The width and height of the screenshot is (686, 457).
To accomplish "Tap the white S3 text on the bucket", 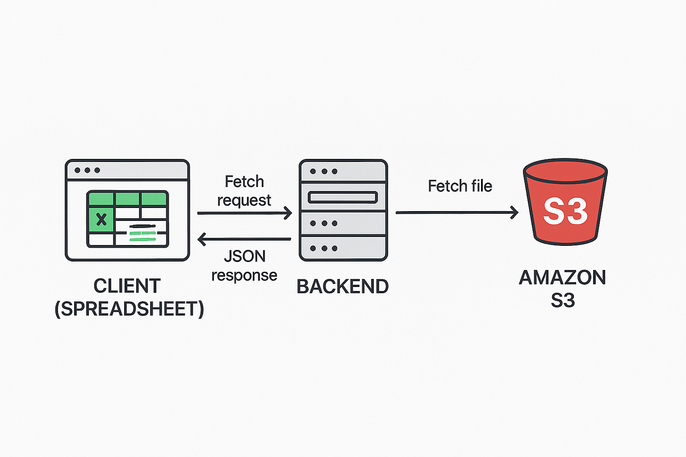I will [x=565, y=212].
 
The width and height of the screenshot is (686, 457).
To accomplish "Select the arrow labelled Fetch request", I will [x=244, y=213].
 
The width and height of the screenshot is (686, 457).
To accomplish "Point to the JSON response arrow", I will [x=244, y=240].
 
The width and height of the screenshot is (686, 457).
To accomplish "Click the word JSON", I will [x=245, y=256].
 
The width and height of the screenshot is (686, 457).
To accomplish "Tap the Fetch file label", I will [x=460, y=186].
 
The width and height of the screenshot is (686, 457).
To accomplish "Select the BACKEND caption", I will [x=343, y=287].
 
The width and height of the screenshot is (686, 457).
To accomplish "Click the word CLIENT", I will [x=127, y=286].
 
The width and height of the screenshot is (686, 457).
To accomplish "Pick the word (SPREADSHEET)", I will [x=129, y=309].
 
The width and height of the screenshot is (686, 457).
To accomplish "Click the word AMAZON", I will [x=562, y=278].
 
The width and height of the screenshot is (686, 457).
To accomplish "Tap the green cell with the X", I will [x=101, y=219].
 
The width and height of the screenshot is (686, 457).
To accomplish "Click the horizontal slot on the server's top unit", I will [x=343, y=197].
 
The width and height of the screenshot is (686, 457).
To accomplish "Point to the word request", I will [x=244, y=200].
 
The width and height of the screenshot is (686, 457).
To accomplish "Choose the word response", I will [x=244, y=275].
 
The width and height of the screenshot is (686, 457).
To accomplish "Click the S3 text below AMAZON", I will [x=563, y=300].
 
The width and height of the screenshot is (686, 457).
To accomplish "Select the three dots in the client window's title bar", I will [x=88, y=170].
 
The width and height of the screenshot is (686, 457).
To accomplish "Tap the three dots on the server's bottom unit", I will [x=324, y=248].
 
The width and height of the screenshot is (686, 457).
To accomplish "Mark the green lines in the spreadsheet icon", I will [x=142, y=236].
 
